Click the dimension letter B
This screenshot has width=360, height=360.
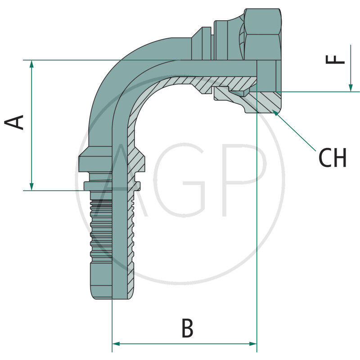click(x=187, y=328)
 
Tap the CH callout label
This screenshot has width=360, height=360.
click(x=333, y=158)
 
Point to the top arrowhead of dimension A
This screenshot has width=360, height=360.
click(x=31, y=64)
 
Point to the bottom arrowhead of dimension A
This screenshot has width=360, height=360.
click(x=31, y=186)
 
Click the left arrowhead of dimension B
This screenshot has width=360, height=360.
click(x=115, y=344)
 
